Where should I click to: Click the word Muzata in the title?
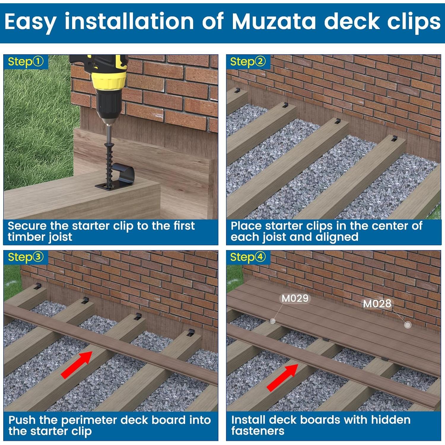(x=274, y=21)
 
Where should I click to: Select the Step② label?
(x=248, y=62)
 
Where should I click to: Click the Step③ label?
(x=26, y=257)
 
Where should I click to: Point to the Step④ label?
(x=248, y=257)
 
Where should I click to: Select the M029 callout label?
(x=295, y=298)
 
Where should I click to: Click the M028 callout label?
(x=377, y=303)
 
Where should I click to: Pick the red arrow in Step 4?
(x=283, y=377)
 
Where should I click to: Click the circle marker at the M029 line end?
(x=273, y=321)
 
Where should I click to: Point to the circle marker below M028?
(x=408, y=325)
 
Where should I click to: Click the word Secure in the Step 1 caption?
(x=27, y=226)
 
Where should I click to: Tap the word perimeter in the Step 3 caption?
(x=90, y=420)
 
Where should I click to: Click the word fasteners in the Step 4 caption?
(x=258, y=431)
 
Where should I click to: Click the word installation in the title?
(x=129, y=21)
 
